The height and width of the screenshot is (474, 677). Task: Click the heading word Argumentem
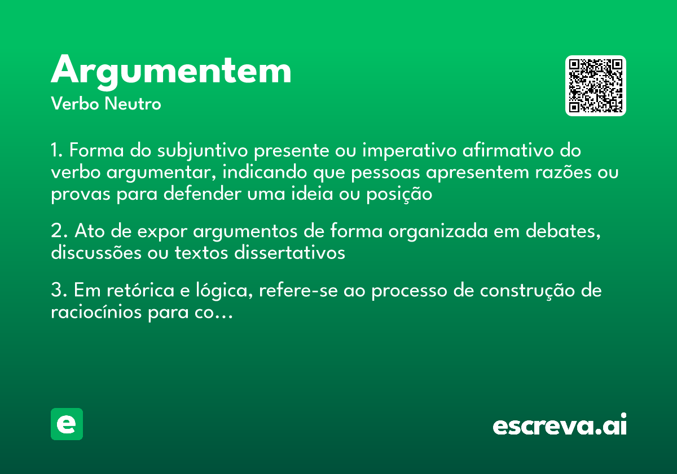tap(171, 72)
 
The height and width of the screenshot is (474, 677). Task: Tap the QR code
tap(596, 86)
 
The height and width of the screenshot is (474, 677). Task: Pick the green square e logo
tap(67, 424)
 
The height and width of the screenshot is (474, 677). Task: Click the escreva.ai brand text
tap(560, 425)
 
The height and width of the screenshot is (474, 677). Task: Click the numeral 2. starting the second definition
tap(59, 232)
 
